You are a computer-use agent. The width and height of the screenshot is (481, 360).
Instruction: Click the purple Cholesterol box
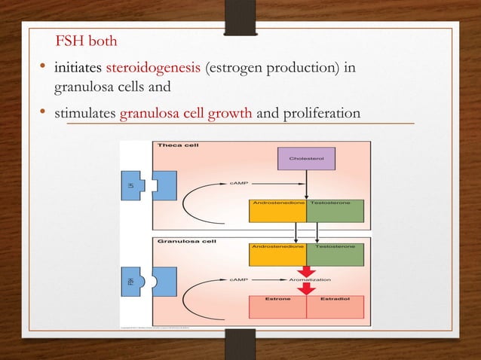pos(307,159)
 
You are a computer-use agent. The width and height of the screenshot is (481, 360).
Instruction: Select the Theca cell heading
pos(178,145)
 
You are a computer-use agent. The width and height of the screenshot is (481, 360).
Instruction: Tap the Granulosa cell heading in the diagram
pos(186,242)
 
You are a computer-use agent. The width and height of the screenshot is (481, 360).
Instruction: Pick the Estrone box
pos(277,306)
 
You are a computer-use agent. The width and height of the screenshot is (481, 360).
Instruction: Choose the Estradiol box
pos(335,306)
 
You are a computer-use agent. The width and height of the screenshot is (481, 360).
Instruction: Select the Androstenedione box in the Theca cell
pos(277,210)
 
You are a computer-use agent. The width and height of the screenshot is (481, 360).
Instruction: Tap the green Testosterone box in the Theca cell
pos(335,210)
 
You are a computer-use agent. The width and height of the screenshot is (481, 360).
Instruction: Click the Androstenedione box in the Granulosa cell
pos(277,254)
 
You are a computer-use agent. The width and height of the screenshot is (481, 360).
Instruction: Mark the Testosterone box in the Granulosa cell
pos(335,254)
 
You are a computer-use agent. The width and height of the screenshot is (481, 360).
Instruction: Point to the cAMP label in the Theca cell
pos(239,182)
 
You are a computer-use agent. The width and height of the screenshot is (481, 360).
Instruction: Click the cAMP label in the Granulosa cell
pos(239,279)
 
